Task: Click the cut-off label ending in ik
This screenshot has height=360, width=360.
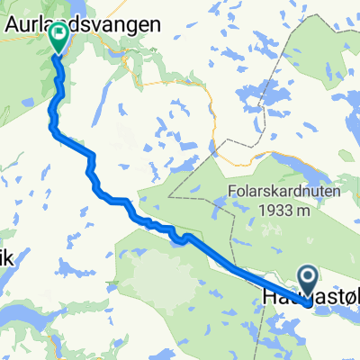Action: [x=7, y=257]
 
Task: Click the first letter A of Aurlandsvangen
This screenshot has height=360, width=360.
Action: [x=13, y=27]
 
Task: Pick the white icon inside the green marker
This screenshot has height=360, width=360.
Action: [x=59, y=35]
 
